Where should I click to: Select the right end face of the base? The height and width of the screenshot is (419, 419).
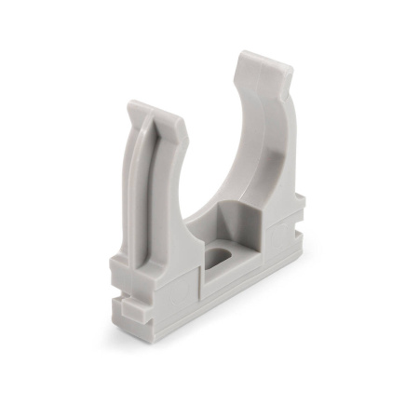300,233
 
